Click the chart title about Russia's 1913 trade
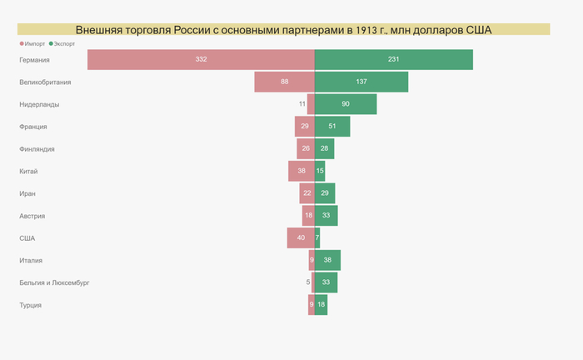coord(283,30)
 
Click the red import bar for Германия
coord(201,60)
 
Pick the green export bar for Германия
coord(394,60)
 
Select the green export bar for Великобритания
coord(361,82)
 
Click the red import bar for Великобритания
coord(284,82)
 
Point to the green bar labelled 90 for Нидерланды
coord(346,104)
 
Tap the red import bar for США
coord(301,238)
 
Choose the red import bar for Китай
coord(301,171)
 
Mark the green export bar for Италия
coord(327,260)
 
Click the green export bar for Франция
coord(332,127)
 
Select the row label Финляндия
coord(37,149)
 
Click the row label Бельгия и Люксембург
coord(54,282)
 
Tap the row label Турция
coord(30,305)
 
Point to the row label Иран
coord(27,193)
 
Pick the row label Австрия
coord(32,216)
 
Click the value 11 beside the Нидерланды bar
coord(302,104)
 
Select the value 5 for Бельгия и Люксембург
coord(307,282)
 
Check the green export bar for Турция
coord(321,305)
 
